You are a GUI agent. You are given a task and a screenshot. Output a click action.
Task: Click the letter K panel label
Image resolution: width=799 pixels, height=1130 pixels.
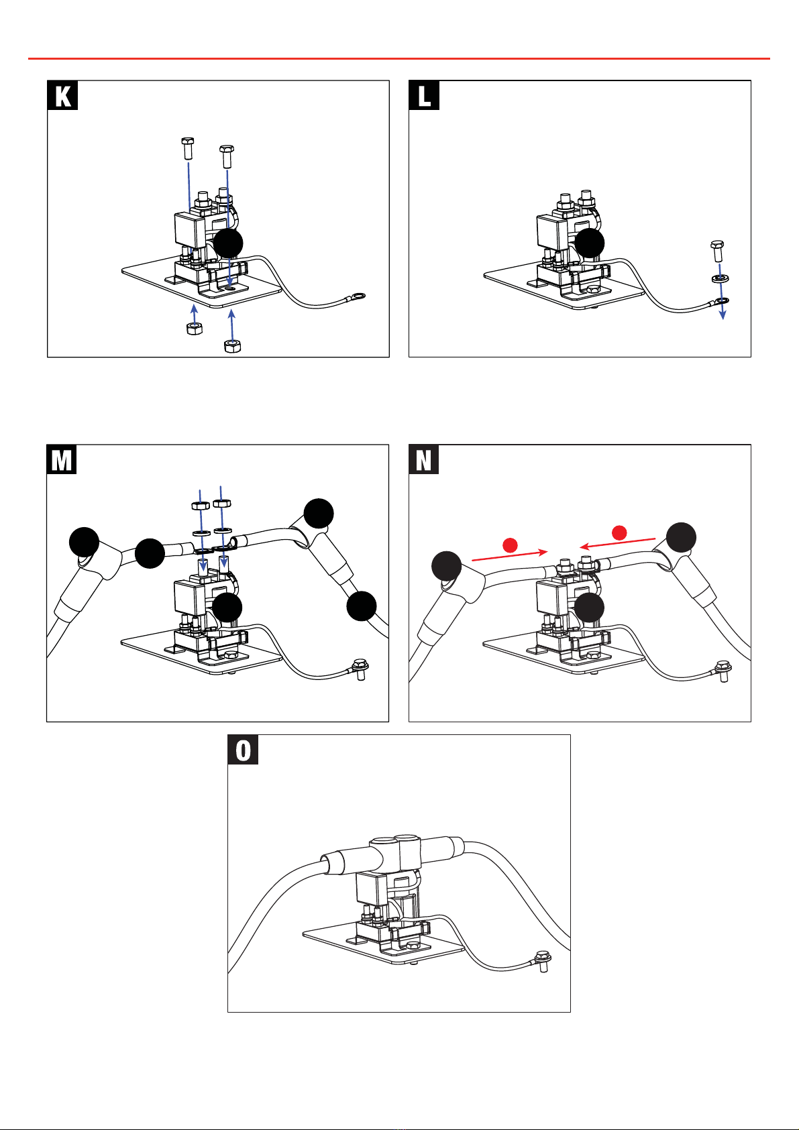tap(62, 95)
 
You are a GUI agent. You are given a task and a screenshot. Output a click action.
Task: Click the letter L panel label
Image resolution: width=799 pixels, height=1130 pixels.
tap(424, 95)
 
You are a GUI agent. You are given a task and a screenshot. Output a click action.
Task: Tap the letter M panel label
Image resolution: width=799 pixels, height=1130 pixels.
tap(62, 459)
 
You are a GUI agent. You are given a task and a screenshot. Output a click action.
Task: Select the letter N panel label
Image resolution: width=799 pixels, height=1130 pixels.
tap(423, 459)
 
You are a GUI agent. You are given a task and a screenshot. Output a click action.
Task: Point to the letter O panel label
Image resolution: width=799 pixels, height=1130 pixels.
tap(243, 750)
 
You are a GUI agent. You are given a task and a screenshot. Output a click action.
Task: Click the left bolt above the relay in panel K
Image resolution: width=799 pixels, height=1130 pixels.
tap(188, 148)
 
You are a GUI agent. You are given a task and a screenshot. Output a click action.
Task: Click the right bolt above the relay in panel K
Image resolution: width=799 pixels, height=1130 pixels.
tap(227, 156)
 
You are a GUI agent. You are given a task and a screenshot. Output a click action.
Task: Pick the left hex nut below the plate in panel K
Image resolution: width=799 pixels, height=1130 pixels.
tap(195, 329)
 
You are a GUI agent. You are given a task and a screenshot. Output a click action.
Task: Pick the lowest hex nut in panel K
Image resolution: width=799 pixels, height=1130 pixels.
tap(232, 345)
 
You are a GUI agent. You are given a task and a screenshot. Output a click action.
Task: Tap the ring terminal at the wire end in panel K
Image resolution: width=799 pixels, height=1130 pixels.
tap(358, 296)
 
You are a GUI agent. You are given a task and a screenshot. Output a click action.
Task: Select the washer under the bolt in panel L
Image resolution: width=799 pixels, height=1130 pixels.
tap(721, 278)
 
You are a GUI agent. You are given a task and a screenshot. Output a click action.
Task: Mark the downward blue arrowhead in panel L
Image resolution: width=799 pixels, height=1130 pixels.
tap(723, 315)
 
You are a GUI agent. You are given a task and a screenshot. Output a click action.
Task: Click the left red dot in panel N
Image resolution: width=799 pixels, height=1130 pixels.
tap(511, 545)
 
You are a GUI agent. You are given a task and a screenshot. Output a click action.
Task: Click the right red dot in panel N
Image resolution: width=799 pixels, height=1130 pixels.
tap(619, 532)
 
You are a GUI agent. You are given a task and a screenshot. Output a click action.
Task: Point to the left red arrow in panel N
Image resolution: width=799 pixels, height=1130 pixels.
tap(510, 556)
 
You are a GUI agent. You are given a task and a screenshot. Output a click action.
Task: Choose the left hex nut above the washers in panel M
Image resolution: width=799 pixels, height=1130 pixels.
tap(201, 505)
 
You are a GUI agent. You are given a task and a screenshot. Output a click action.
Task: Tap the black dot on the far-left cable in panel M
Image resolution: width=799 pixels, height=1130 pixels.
tap(85, 543)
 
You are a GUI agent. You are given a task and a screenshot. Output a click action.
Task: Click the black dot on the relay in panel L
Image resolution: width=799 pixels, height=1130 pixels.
tap(590, 243)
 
